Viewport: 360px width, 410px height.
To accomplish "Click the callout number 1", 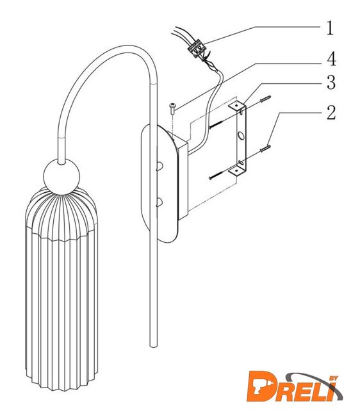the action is (330, 28).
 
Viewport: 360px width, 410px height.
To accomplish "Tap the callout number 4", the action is (331, 59).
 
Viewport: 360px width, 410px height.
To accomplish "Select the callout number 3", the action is (331, 83).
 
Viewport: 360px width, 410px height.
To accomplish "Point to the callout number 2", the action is (331, 113).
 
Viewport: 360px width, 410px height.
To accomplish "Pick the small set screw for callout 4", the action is (172, 108).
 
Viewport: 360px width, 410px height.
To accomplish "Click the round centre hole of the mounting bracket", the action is (241, 136).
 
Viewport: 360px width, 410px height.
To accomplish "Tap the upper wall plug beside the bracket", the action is (265, 99).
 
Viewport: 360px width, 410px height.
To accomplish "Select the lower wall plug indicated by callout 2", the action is (265, 149).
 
